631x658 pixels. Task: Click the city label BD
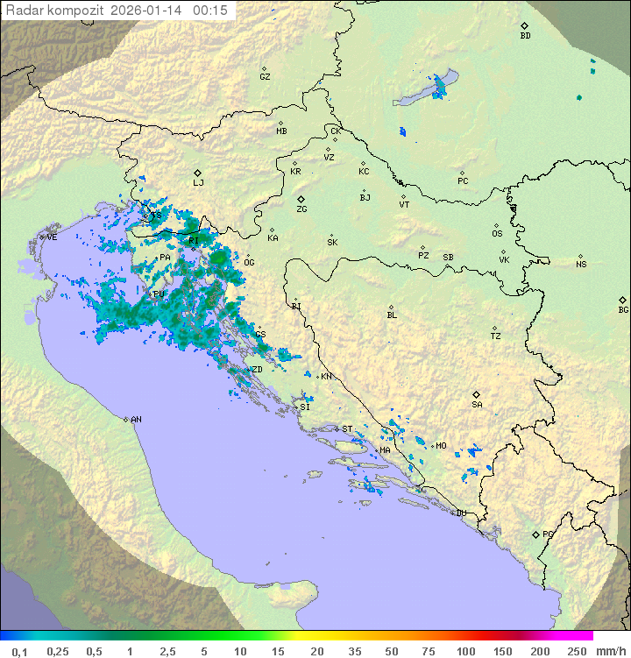pyautogui.click(x=525, y=36)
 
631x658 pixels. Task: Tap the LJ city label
pyautogui.click(x=198, y=183)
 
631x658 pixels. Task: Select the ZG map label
pyautogui.click(x=301, y=209)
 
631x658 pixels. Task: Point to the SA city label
pyautogui.click(x=477, y=405)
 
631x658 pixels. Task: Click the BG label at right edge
pyautogui.click(x=623, y=309)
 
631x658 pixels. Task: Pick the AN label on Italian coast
pyautogui.click(x=136, y=420)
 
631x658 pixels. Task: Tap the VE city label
pyautogui.click(x=52, y=237)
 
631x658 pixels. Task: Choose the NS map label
pyautogui.click(x=581, y=265)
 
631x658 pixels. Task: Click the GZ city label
pyautogui.click(x=265, y=77)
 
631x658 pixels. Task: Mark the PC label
pyautogui.click(x=463, y=181)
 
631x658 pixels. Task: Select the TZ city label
pyautogui.click(x=495, y=336)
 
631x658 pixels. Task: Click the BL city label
pyautogui.click(x=392, y=315)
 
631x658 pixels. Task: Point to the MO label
pyautogui.click(x=441, y=446)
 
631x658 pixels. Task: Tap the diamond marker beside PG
pyautogui.click(x=535, y=534)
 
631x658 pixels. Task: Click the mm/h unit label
pyautogui.click(x=610, y=651)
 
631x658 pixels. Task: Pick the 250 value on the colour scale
pyautogui.click(x=577, y=651)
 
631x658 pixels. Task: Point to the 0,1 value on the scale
pyautogui.click(x=19, y=651)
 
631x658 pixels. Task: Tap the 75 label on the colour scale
pyautogui.click(x=428, y=651)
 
